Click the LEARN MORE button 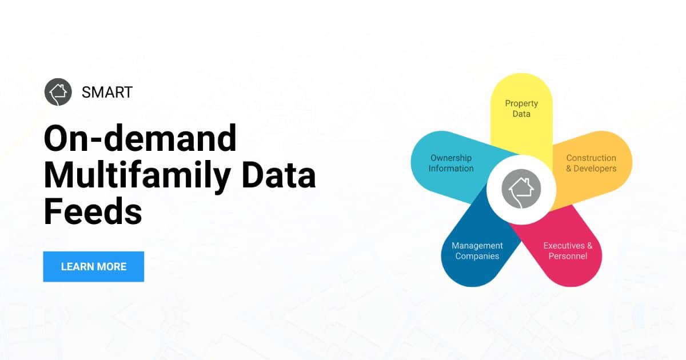point(93,266)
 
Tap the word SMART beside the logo point(107,92)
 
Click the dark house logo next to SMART point(58,91)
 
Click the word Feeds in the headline point(93,211)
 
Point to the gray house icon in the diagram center point(521,189)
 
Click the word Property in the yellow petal point(521,103)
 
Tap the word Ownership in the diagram point(451,158)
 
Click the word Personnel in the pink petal point(568,256)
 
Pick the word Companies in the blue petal point(477,256)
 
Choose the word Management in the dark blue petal point(477,246)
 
